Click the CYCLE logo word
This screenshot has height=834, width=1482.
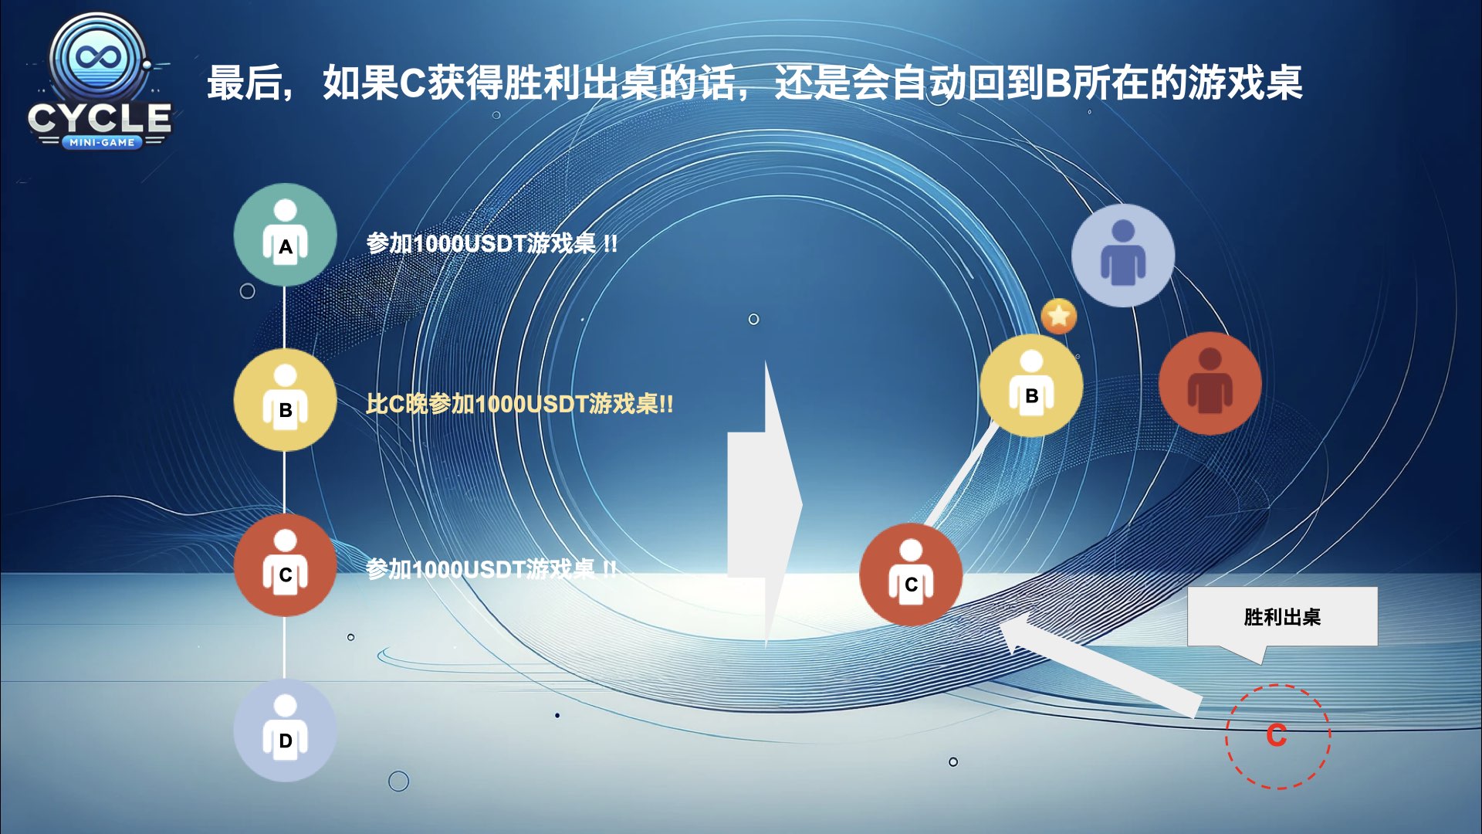(x=100, y=118)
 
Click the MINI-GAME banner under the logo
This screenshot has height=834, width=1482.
(x=101, y=142)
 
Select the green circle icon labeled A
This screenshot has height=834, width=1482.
(x=286, y=235)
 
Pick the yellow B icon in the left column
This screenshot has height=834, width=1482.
(x=286, y=400)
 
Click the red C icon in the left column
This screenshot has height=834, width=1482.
(x=286, y=565)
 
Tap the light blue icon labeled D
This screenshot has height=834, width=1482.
(x=286, y=731)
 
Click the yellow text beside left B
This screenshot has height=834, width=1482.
(x=519, y=403)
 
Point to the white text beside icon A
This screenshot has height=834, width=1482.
(x=492, y=243)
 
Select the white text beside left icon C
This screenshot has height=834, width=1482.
(x=492, y=569)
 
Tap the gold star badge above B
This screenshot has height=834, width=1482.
(x=1059, y=316)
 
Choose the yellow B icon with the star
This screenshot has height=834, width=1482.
(x=1032, y=385)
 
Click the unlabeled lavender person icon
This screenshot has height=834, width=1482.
(x=1123, y=256)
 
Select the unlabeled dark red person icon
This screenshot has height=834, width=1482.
(x=1210, y=384)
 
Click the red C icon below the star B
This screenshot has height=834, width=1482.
(x=911, y=575)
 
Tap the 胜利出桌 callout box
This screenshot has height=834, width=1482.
(x=1282, y=617)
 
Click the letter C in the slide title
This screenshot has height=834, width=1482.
(x=412, y=83)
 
